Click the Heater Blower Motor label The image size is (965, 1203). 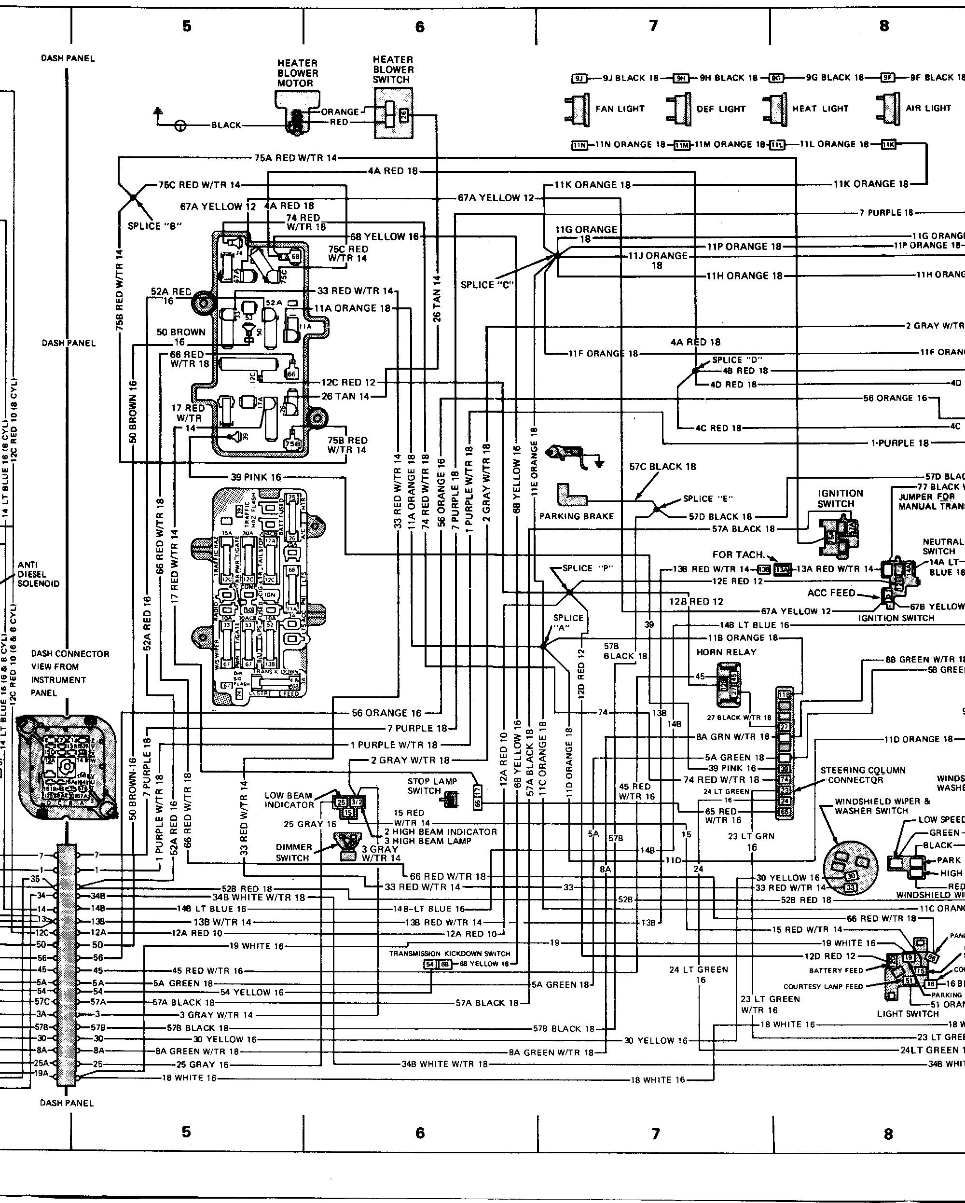coord(297,73)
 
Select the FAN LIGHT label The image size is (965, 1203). coord(620,109)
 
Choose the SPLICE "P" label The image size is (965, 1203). coord(587,568)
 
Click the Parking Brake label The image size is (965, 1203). coord(576,516)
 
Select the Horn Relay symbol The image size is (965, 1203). coord(726,684)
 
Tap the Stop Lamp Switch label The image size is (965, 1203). coord(432,786)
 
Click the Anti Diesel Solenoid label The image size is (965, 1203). coord(39,574)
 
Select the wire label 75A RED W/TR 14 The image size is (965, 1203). coord(295,158)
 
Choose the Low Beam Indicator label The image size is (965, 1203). coord(289,800)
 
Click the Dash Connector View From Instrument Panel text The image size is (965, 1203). coord(70,673)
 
